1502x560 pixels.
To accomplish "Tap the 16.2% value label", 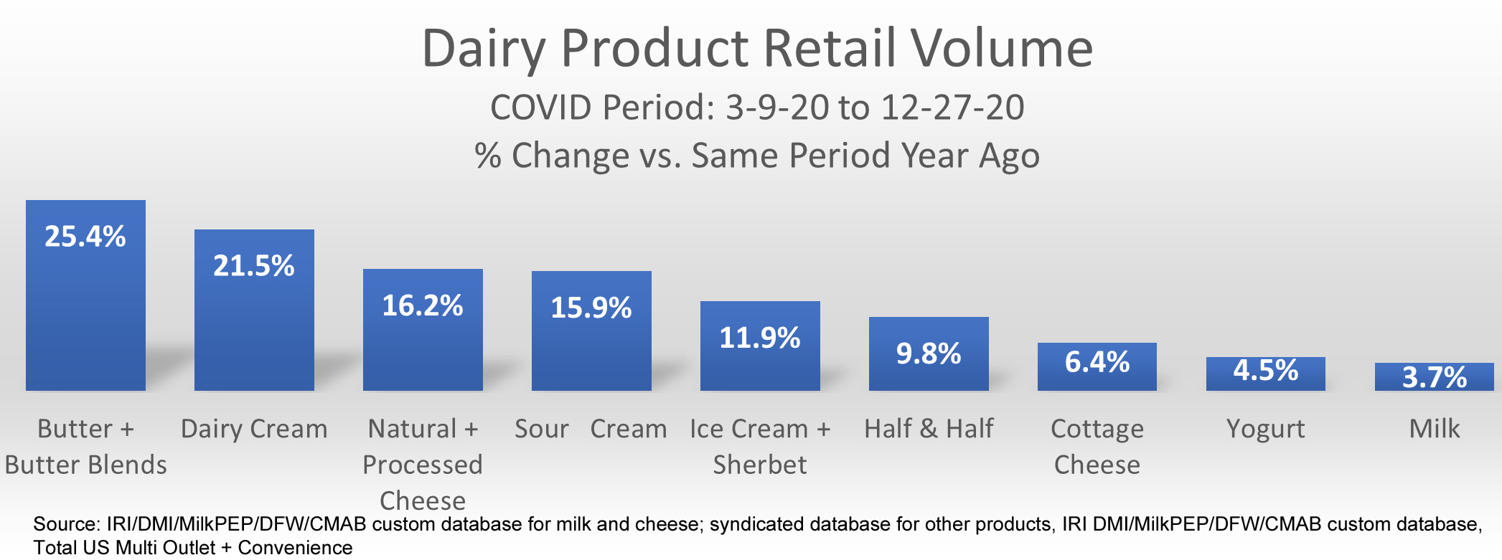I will (423, 306).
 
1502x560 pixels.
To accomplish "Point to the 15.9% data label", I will (591, 308).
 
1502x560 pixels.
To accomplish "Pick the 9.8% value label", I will (929, 353).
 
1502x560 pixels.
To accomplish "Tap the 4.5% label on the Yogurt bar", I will (1266, 371).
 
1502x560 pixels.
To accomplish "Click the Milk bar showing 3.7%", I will (1435, 377).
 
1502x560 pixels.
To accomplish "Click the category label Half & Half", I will (929, 429).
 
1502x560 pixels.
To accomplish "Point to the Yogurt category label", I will (1266, 429).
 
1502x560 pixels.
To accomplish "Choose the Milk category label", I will (1435, 429).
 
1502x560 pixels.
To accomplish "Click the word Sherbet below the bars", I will (760, 465).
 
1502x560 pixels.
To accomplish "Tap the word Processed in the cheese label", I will (423, 465).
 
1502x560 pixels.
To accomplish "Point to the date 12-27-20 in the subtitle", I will (953, 108).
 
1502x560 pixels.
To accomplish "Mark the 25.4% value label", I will (85, 237).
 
